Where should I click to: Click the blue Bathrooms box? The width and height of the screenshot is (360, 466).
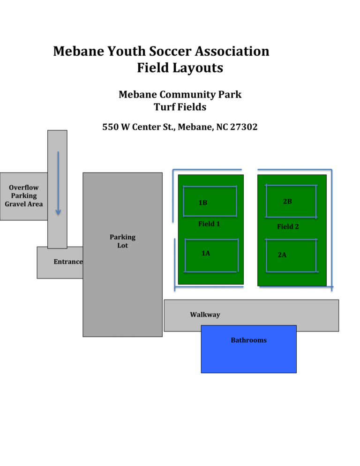click(x=248, y=349)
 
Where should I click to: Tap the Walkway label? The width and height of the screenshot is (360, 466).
click(x=205, y=315)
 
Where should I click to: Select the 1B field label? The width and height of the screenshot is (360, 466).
click(x=202, y=203)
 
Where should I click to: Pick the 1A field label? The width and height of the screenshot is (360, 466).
click(x=206, y=253)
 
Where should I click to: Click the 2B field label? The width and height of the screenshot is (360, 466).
click(x=287, y=202)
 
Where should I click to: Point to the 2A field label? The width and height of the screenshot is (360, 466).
click(x=282, y=255)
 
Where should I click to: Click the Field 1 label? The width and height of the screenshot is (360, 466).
click(x=209, y=224)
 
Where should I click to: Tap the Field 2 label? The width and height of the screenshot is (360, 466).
click(x=288, y=227)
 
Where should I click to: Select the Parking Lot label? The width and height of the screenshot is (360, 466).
click(x=122, y=241)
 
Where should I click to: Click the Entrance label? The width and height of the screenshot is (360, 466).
click(x=68, y=262)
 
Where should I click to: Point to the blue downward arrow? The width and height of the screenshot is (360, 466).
click(x=58, y=183)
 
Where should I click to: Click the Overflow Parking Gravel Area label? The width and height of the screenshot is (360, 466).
click(x=24, y=196)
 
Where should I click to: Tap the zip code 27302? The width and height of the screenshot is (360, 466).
click(x=244, y=127)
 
